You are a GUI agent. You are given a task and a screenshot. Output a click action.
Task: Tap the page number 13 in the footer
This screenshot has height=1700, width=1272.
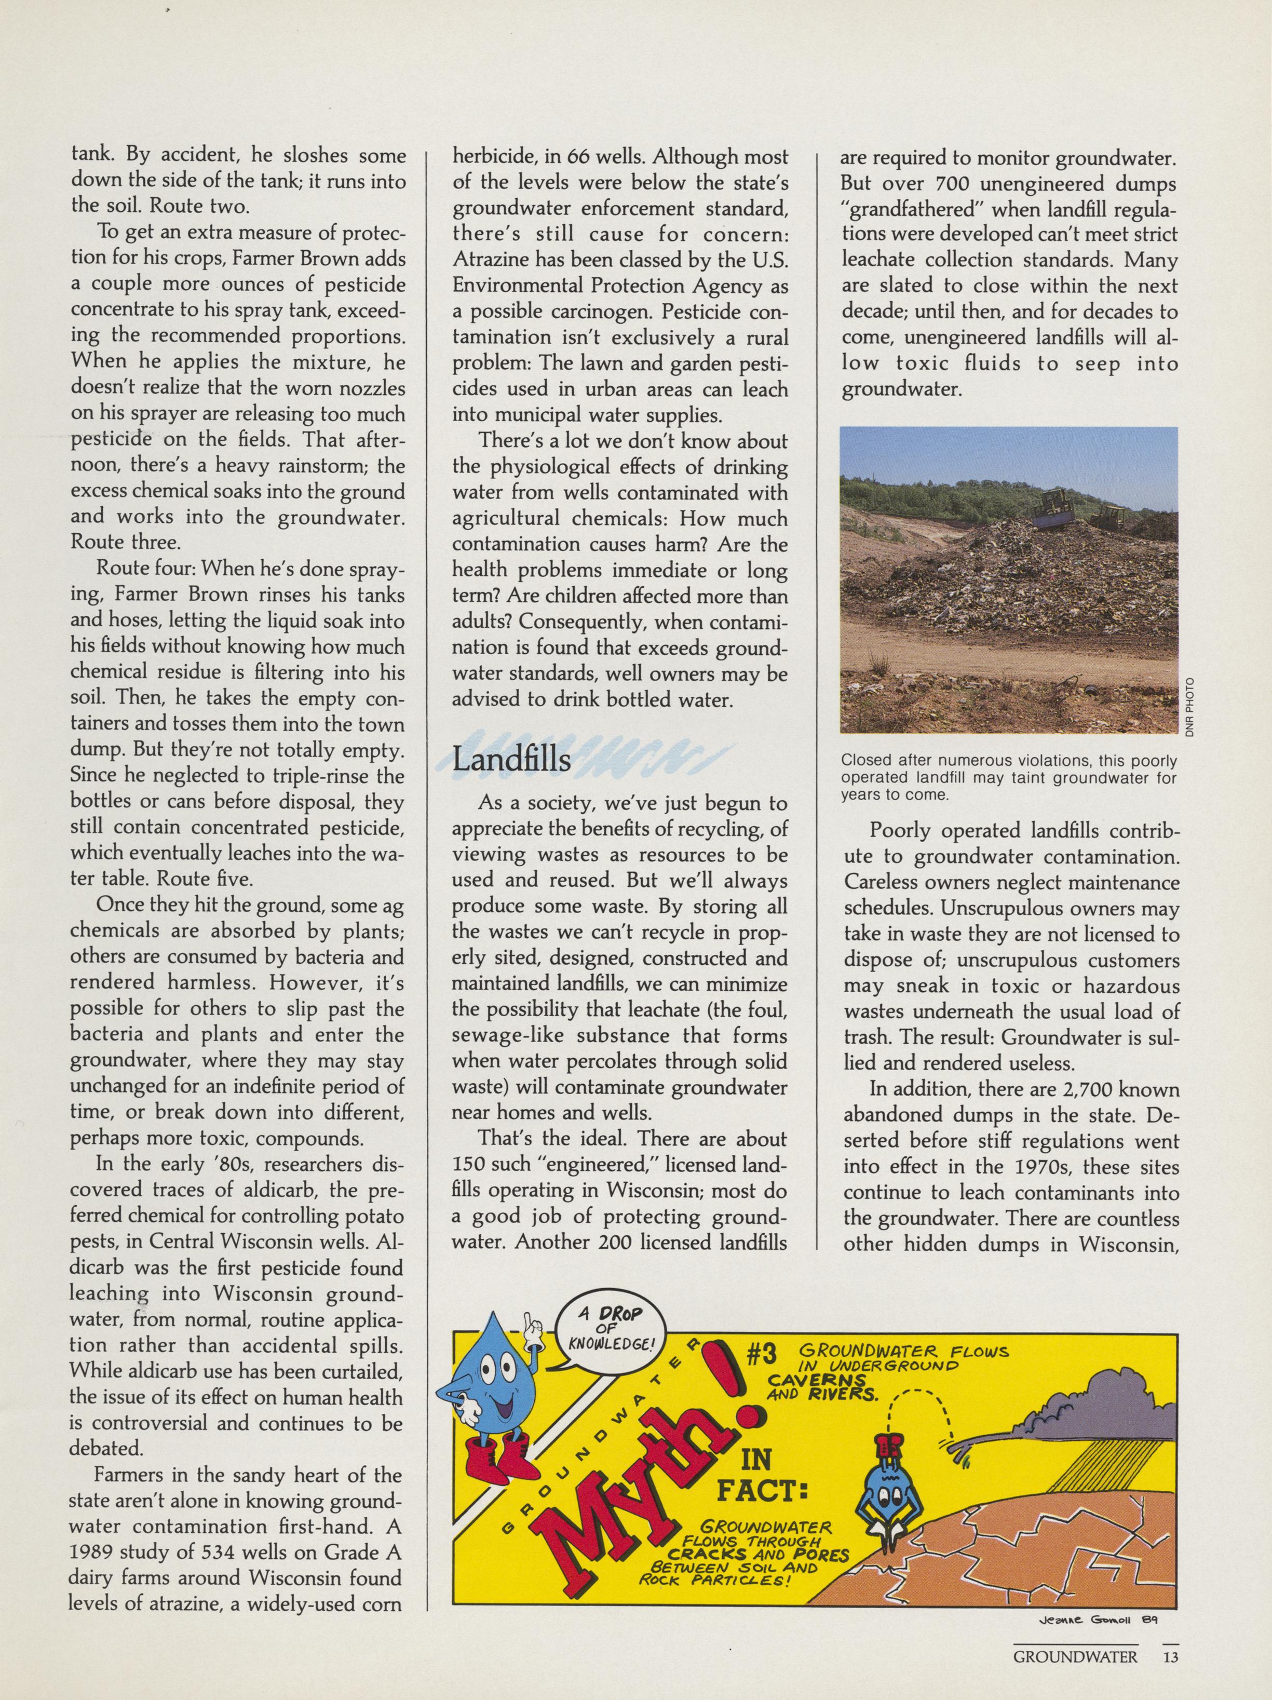point(1170,1672)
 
